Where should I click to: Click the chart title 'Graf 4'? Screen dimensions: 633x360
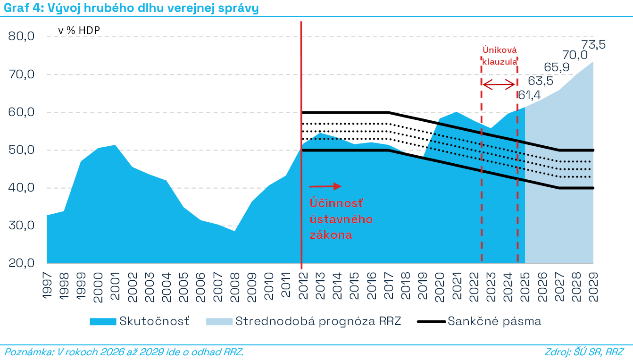click(x=24, y=8)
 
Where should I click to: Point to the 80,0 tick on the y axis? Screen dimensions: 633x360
click(x=22, y=36)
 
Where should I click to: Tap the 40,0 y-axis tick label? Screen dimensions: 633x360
click(x=22, y=188)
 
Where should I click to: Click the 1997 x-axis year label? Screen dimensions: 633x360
click(x=47, y=285)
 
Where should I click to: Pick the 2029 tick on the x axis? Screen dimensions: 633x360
click(x=593, y=287)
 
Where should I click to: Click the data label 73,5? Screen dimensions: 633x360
click(x=593, y=45)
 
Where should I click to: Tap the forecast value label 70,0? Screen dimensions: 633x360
click(x=575, y=55)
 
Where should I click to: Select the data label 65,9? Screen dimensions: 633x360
click(x=557, y=67)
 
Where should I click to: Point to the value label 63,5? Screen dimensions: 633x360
click(x=541, y=81)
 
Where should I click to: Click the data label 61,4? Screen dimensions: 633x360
click(x=529, y=95)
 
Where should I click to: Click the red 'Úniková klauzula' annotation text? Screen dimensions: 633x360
click(x=500, y=56)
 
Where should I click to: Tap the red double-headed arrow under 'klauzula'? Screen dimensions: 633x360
click(x=499, y=84)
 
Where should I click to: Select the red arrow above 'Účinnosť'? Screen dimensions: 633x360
click(x=325, y=186)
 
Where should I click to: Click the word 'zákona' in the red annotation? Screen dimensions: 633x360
click(x=331, y=235)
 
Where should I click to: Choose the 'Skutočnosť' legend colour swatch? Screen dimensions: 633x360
click(x=103, y=322)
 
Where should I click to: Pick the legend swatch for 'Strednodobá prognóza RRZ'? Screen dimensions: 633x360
click(x=219, y=322)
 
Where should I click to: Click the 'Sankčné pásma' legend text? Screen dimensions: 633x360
click(x=494, y=321)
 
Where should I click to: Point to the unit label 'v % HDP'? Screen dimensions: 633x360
click(x=79, y=31)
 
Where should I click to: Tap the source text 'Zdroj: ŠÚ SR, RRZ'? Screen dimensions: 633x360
click(x=584, y=352)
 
